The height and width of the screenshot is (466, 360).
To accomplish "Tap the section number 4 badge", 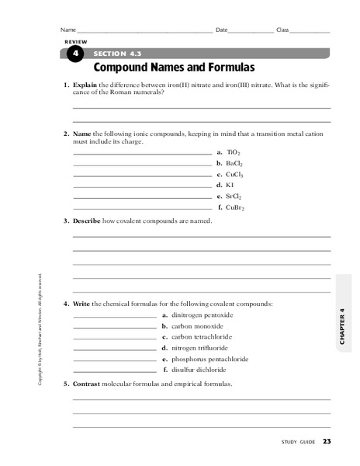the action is coord(74,53).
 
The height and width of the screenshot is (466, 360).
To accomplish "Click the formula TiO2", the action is coord(234,153).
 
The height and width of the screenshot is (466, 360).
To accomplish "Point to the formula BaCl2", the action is coord(235,164).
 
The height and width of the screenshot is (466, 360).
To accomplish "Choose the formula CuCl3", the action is coord(235,175).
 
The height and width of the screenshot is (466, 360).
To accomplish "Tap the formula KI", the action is coord(230,186).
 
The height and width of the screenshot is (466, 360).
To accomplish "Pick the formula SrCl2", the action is coord(234,196).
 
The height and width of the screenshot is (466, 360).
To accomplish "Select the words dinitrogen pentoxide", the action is coord(202,315).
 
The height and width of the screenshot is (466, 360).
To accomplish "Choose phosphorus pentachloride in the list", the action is coord(209,359).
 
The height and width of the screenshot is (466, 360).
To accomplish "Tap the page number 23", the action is coord(327,442).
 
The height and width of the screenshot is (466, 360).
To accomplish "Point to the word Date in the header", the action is coord(222,30).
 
